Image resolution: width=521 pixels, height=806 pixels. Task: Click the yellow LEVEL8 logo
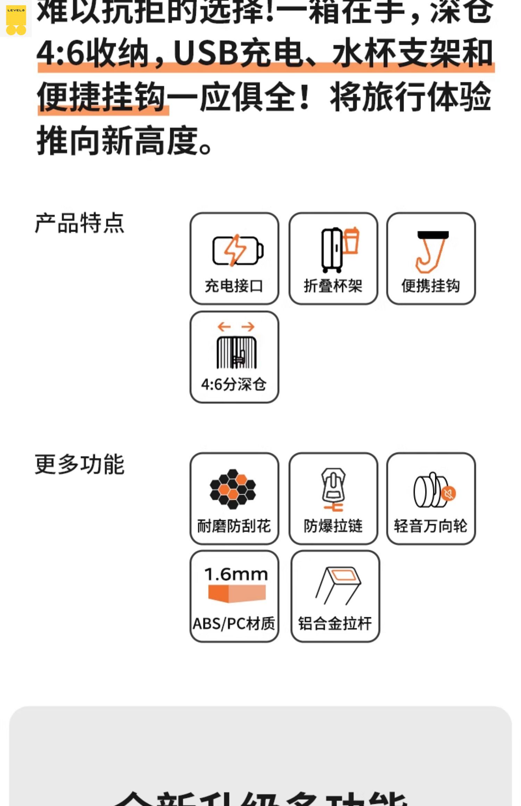pyautogui.click(x=16, y=19)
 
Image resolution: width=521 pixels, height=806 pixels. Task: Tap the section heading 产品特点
pyautogui.click(x=80, y=223)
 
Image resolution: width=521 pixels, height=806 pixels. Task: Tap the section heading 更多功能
pyautogui.click(x=80, y=464)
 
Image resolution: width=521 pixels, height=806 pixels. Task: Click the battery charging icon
pyautogui.click(x=238, y=250)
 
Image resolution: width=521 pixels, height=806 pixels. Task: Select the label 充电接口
pyautogui.click(x=234, y=286)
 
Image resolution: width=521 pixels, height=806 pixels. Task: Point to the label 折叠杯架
pyautogui.click(x=333, y=286)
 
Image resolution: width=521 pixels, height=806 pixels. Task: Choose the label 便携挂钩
pyautogui.click(x=431, y=286)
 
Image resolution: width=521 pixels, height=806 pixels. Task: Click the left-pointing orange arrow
pyautogui.click(x=224, y=327)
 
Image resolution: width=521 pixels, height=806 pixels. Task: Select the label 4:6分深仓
pyautogui.click(x=234, y=384)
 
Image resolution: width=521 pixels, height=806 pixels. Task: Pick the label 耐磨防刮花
pyautogui.click(x=234, y=526)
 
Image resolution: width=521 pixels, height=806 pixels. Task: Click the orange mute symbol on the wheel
pyautogui.click(x=449, y=493)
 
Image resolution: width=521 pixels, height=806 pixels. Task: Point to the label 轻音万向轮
pyautogui.click(x=431, y=526)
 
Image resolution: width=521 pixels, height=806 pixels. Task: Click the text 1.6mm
pyautogui.click(x=236, y=574)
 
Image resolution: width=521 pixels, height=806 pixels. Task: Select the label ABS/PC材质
pyautogui.click(x=234, y=624)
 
